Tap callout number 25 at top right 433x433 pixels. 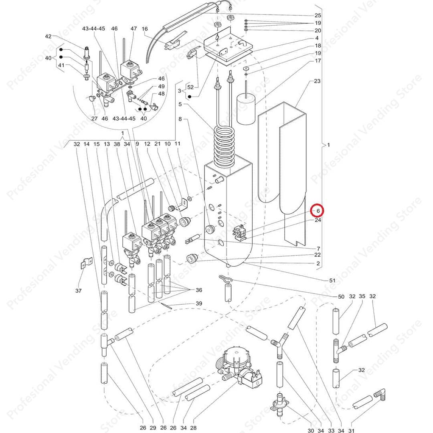click(318, 15)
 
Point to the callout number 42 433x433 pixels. click(49, 36)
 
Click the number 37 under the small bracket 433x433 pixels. click(78, 291)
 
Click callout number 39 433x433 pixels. click(199, 304)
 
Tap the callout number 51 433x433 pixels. click(332, 281)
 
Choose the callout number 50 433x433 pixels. click(341, 297)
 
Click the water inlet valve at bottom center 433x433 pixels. click(241, 367)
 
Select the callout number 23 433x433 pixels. click(317, 81)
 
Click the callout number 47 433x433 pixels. click(134, 29)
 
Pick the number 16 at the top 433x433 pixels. click(145, 29)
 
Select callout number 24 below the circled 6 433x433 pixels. click(318, 220)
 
